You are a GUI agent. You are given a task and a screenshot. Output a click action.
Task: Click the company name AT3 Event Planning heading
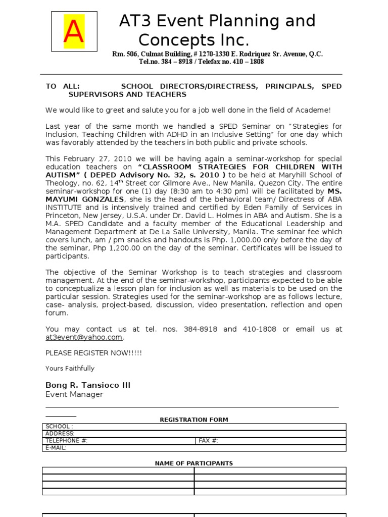217,21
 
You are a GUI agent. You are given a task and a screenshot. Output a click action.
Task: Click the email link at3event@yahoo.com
84,337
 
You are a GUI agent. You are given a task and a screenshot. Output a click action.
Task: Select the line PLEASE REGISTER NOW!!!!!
93,353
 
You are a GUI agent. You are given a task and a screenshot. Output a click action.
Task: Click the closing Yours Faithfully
70,369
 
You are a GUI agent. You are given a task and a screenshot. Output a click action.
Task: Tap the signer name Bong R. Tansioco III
88,385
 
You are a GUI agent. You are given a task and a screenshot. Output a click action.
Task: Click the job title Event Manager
74,394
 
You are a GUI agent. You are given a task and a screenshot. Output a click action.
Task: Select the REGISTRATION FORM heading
194,420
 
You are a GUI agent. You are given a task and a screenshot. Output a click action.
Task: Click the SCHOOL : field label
59,427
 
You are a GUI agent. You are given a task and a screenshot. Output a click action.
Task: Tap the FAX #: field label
208,441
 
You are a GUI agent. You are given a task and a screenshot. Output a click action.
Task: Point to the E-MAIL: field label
56,448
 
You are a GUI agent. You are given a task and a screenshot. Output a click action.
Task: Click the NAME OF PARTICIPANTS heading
194,463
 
